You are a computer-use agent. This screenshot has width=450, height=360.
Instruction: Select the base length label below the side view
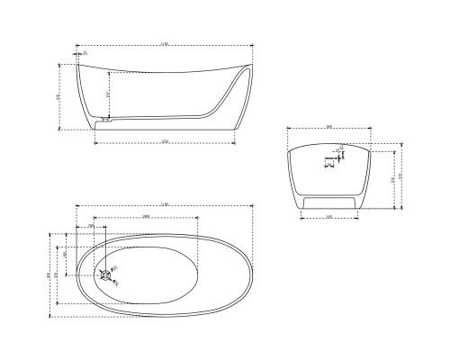pyautogui.click(x=163, y=140)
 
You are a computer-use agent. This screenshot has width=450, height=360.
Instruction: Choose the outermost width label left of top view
pyautogui.click(x=48, y=275)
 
